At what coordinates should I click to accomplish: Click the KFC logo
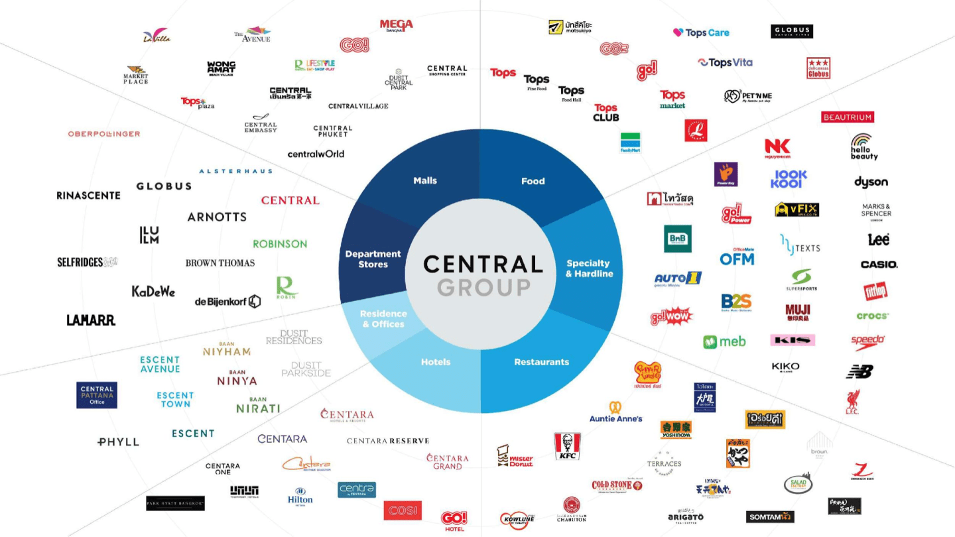click(x=567, y=446)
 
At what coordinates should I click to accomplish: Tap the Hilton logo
click(x=300, y=496)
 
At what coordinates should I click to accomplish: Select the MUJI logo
click(x=797, y=312)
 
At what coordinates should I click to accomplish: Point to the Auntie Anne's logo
click(x=615, y=412)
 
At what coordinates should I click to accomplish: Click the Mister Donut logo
click(x=515, y=456)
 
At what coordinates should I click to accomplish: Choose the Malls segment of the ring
click(x=425, y=180)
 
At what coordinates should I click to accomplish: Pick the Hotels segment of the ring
click(x=436, y=362)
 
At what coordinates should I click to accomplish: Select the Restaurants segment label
click(x=541, y=362)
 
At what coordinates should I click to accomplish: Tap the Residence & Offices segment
click(x=383, y=319)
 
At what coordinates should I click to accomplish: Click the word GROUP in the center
click(x=483, y=287)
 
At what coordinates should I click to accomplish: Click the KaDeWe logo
click(x=153, y=291)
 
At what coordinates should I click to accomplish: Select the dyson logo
click(x=871, y=182)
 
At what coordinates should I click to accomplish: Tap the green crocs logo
click(x=872, y=316)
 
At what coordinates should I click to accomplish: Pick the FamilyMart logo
click(x=630, y=143)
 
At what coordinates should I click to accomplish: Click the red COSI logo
click(x=402, y=510)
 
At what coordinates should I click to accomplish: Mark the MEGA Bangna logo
click(x=396, y=25)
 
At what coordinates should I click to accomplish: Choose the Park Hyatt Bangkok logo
click(x=175, y=503)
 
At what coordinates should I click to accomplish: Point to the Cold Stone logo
click(x=617, y=486)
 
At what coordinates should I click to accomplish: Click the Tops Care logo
click(x=701, y=32)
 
